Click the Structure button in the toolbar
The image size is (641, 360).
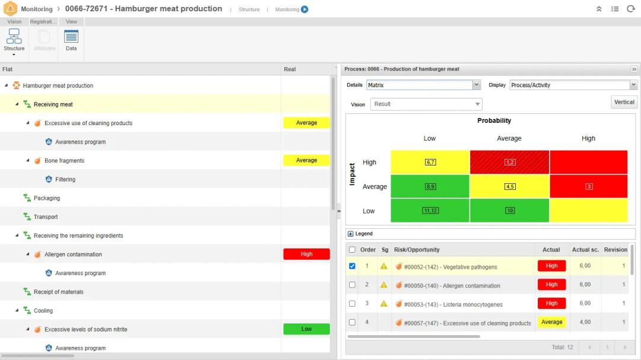click(14, 40)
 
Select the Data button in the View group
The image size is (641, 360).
click(71, 40)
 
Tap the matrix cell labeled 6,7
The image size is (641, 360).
click(430, 162)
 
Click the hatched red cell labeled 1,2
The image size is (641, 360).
click(509, 162)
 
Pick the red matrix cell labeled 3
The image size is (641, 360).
click(588, 186)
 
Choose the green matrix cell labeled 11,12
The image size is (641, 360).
click(430, 211)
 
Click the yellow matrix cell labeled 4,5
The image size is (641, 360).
click(509, 186)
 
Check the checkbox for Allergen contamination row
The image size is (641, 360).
click(352, 285)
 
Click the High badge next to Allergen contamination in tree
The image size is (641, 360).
click(306, 254)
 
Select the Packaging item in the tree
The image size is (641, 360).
click(47, 198)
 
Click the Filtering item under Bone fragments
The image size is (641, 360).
click(65, 179)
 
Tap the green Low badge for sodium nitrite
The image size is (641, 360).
click(306, 329)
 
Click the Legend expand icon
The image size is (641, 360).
click(351, 234)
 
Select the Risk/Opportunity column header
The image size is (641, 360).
click(417, 250)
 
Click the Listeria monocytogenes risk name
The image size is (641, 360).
click(453, 305)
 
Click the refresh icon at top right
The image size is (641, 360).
click(630, 9)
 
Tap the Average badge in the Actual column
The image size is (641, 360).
click(551, 322)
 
